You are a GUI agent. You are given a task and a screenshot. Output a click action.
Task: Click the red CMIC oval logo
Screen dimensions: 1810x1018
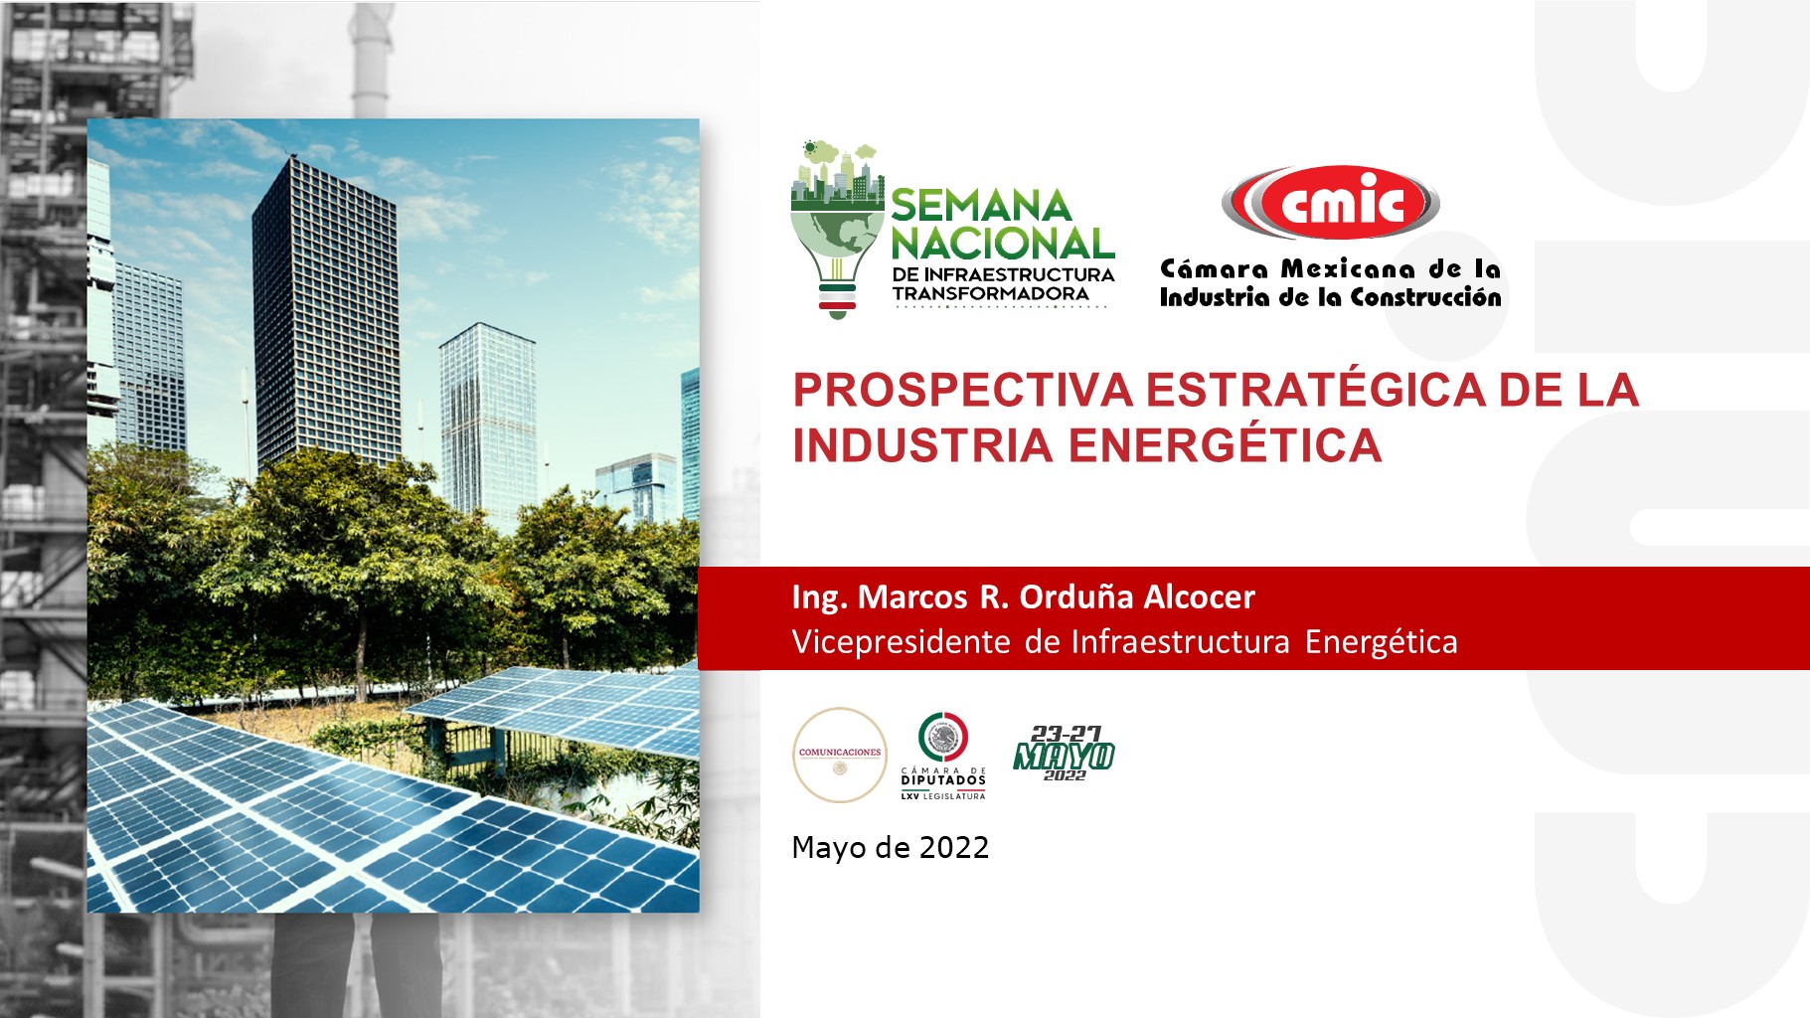click(x=1330, y=203)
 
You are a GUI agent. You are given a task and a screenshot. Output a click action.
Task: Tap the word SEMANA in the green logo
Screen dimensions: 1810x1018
click(x=981, y=206)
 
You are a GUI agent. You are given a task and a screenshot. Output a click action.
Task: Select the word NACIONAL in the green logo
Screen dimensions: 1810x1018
click(x=1002, y=244)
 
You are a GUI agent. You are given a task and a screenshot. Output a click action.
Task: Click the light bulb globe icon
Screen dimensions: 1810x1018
click(x=837, y=231)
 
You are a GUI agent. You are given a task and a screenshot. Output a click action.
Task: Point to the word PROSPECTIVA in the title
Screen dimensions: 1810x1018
click(x=962, y=389)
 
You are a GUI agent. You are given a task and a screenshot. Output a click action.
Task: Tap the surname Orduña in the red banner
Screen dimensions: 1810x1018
click(x=1076, y=596)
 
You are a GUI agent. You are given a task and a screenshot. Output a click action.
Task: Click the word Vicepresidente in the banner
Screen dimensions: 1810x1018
click(x=902, y=642)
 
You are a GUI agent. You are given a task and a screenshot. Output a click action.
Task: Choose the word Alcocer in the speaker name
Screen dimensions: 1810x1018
click(x=1200, y=596)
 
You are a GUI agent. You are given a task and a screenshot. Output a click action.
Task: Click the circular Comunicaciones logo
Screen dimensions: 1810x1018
click(x=840, y=755)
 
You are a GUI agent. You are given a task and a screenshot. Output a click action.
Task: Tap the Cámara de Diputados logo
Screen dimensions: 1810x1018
click(x=943, y=756)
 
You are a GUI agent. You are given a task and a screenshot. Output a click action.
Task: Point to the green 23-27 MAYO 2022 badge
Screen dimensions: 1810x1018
click(x=1064, y=754)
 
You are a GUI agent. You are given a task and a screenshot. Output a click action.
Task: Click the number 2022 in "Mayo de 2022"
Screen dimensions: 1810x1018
click(x=954, y=847)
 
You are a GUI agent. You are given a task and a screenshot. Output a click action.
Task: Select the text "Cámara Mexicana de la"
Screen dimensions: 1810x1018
click(x=1330, y=268)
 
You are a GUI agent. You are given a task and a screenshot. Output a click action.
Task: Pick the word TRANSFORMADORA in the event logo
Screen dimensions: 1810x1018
click(x=991, y=294)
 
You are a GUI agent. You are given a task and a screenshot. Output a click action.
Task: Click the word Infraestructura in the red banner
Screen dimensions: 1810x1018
click(x=1180, y=642)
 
